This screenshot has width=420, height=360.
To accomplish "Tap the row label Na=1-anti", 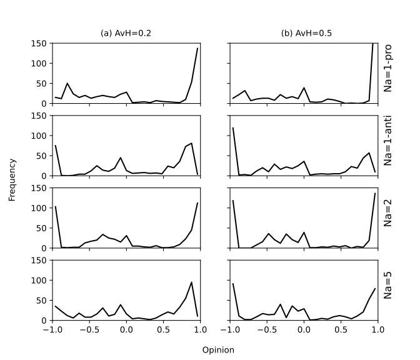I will click(x=387, y=145).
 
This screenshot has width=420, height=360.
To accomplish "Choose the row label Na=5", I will click(x=387, y=290).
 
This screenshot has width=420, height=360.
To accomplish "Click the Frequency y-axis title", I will click(x=12, y=180).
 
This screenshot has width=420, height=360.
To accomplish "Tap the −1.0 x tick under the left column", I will click(x=52, y=329).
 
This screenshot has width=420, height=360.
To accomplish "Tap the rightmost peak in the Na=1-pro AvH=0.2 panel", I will click(x=197, y=48).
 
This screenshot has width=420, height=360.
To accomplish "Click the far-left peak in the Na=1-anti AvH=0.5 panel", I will click(x=233, y=128).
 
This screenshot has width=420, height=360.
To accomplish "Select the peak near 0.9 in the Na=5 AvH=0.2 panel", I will click(x=191, y=282).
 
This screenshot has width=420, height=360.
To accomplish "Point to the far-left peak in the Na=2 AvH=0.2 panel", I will click(x=56, y=207).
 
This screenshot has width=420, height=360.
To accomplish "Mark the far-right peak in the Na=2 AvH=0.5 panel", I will click(x=375, y=193).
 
